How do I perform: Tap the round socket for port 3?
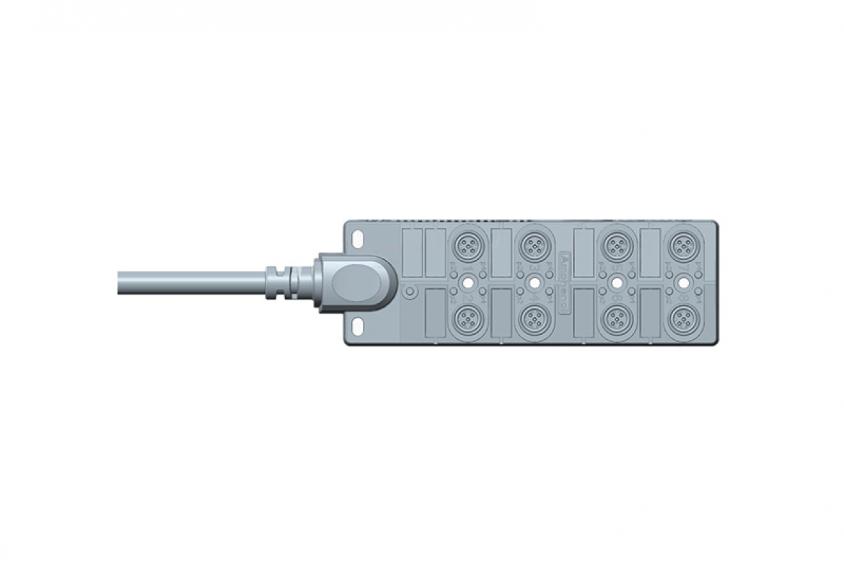(x=534, y=247)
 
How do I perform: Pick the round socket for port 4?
(x=534, y=318)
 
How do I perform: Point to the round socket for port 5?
(x=615, y=247)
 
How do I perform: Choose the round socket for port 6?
(x=615, y=318)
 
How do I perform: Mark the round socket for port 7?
(x=681, y=247)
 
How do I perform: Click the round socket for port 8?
(x=681, y=318)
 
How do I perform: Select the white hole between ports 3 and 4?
(x=534, y=282)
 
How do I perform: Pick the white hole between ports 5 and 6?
(x=615, y=282)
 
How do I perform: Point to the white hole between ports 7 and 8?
(x=681, y=282)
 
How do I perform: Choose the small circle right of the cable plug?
(x=409, y=292)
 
